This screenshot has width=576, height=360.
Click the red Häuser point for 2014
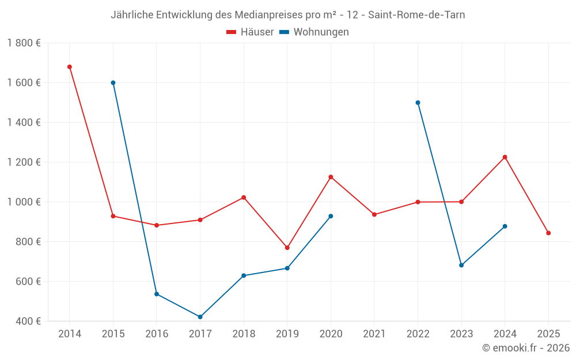pos(70,67)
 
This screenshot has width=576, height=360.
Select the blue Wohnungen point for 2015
pos(113,83)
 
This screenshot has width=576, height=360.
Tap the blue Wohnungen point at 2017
pos(200,317)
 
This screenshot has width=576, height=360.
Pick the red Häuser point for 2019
pos(287,248)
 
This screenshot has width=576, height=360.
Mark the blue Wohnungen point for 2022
pos(418,103)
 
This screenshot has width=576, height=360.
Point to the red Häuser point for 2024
pos(505,157)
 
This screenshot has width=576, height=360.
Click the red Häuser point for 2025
pos(548,233)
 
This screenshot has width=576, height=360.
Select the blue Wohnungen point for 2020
pos(331,216)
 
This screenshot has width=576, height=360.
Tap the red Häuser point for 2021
pos(374,214)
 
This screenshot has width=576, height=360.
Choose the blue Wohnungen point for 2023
pos(461,265)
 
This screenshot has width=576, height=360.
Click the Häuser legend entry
pos(250,32)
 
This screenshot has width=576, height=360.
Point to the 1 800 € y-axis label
pos(24,43)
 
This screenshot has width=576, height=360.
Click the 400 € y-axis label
pos(28,321)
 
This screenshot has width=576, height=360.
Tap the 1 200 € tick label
pos(24,162)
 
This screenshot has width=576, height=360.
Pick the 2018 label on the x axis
pos(244,334)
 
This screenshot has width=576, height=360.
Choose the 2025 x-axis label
pos(548,334)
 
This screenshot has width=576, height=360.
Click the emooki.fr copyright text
pos(526,348)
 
